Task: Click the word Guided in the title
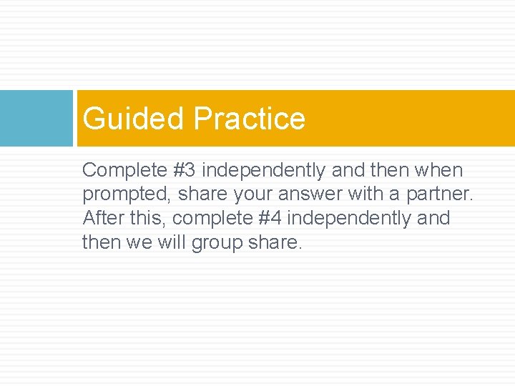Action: coord(133,119)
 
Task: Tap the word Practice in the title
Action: coord(249,119)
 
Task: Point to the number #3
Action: coord(185,170)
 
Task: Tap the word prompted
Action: coord(126,194)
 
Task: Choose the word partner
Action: coord(439,194)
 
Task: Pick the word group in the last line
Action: coord(225,242)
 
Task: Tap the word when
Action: coord(440,170)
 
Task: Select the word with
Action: coord(366,194)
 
